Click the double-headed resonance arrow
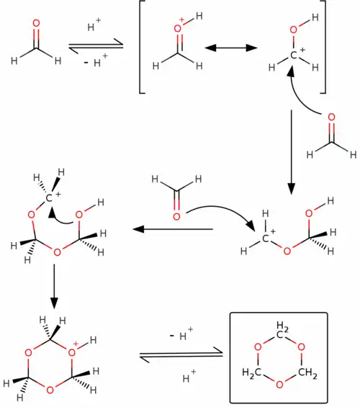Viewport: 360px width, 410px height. point(232,48)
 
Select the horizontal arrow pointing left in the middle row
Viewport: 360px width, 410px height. point(173,230)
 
